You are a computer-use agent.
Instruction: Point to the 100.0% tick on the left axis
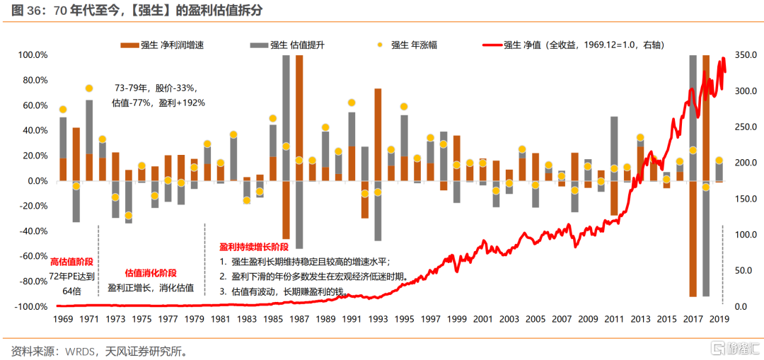pos(32,55)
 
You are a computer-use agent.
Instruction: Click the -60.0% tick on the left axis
pos(32,256)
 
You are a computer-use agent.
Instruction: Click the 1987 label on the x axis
pos(299,319)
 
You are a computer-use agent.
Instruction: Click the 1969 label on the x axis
pos(63,319)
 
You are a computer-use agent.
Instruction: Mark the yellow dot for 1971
pos(89,88)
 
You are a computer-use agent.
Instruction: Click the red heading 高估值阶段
pos(72,261)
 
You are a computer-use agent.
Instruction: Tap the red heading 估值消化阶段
pos(151,273)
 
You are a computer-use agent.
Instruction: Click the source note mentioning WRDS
pos(99,350)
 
